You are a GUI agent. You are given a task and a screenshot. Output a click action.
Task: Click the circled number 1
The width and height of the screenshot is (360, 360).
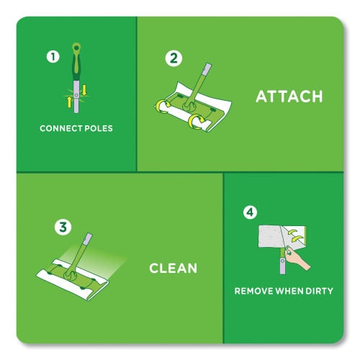[52, 55]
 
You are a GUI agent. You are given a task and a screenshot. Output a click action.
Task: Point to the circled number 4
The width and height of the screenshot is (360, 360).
[250, 212]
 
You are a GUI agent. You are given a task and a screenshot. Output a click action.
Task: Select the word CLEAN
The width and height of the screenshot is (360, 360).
[174, 269]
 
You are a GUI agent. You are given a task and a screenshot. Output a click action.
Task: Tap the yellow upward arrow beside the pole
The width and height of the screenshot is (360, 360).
[70, 100]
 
